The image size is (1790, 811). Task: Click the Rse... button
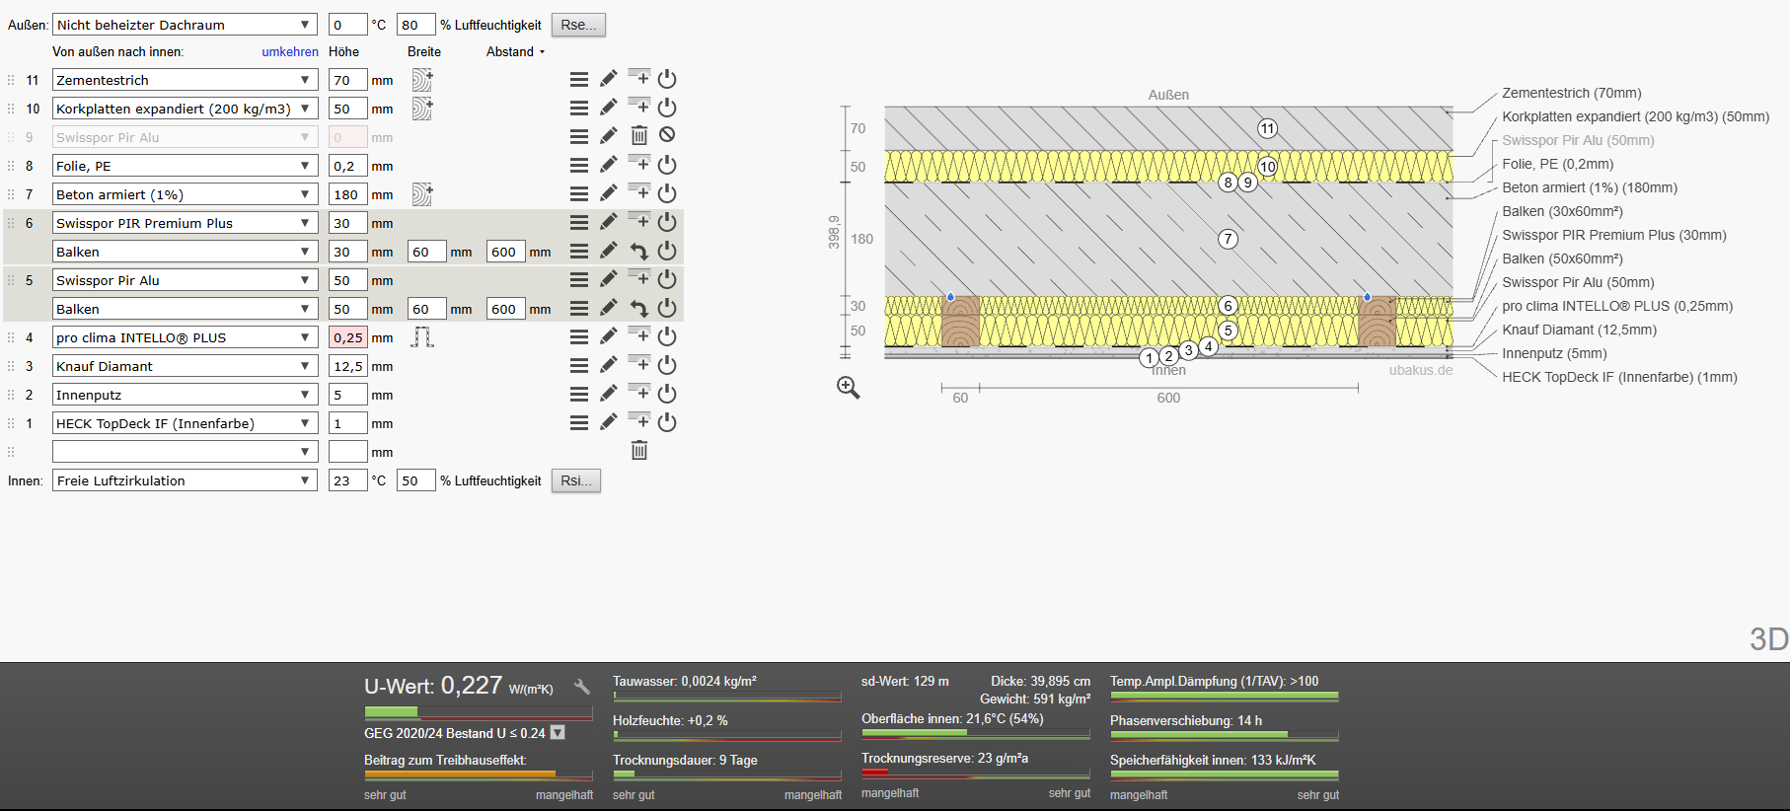pyautogui.click(x=578, y=25)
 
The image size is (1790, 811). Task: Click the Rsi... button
pyautogui.click(x=576, y=480)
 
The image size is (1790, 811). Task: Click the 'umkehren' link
pyautogui.click(x=290, y=52)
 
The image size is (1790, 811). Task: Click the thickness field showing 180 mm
pyautogui.click(x=347, y=194)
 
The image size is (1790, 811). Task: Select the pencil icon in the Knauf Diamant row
pyautogui.click(x=609, y=365)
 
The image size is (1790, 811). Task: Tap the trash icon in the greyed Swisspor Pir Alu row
pyautogui.click(x=639, y=136)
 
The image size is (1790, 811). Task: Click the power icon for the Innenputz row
pyautogui.click(x=667, y=394)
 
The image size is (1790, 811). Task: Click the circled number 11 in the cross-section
pyautogui.click(x=1268, y=128)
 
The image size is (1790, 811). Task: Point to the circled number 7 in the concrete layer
pyautogui.click(x=1228, y=239)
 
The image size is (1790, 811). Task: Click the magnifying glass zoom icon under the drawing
pyautogui.click(x=849, y=388)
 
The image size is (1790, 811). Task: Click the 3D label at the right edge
pyautogui.click(x=1769, y=639)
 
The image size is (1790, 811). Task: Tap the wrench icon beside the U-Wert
pyautogui.click(x=582, y=687)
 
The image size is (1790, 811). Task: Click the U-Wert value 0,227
pyautogui.click(x=472, y=686)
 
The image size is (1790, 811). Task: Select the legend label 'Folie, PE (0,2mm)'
pyautogui.click(x=1558, y=164)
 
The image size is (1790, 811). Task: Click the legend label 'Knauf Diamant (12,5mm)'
pyautogui.click(x=1580, y=330)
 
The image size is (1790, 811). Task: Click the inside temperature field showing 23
pyautogui.click(x=347, y=480)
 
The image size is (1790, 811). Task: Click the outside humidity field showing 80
pyautogui.click(x=415, y=25)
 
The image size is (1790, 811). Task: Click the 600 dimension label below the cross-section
pyautogui.click(x=1168, y=398)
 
